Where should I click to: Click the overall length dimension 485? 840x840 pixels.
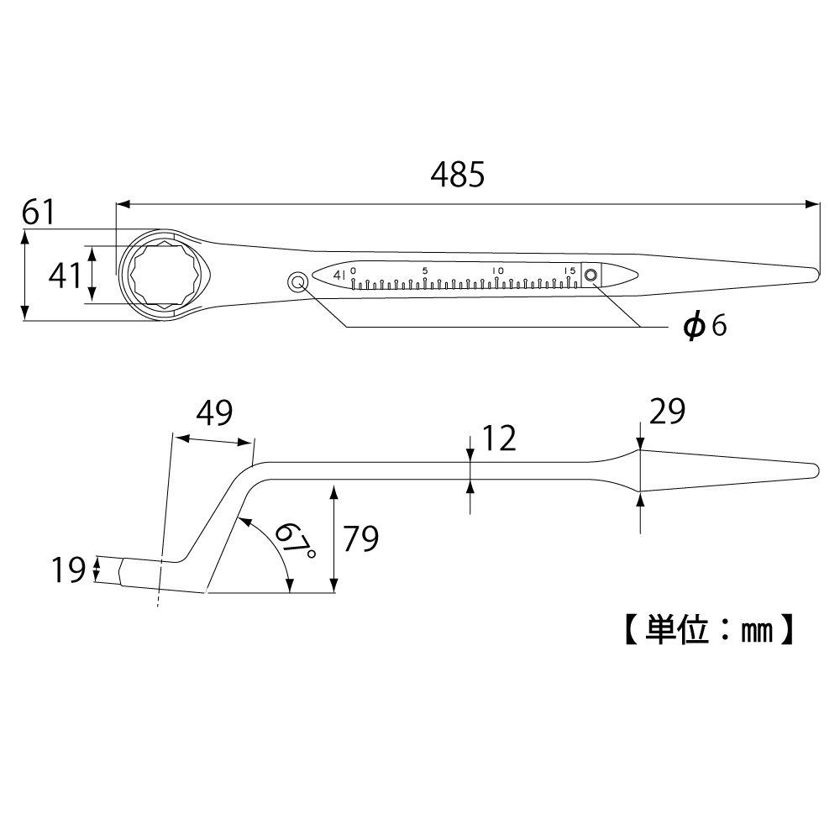(458, 175)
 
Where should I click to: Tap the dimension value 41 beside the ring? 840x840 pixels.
(63, 275)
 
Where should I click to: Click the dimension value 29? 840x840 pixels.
(668, 412)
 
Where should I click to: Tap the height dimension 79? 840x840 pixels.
(359, 538)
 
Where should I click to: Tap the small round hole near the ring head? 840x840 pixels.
(297, 282)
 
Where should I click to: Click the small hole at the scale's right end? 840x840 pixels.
(591, 275)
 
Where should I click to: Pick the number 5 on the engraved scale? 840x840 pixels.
(425, 270)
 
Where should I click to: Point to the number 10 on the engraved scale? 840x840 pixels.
(497, 270)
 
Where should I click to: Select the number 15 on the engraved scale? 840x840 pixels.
(570, 270)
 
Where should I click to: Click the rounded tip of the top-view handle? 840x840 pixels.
(813, 273)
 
